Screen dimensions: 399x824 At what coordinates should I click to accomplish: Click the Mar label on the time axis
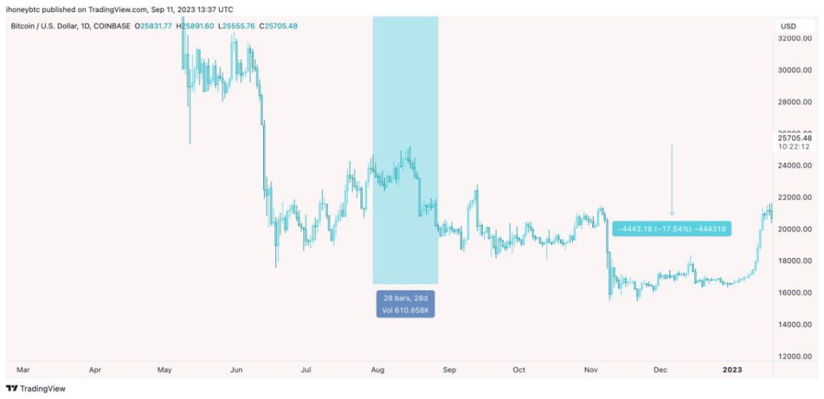pos(23,370)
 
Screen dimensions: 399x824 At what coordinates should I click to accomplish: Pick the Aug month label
pos(378,370)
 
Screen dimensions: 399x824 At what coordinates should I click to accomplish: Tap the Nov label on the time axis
pos(590,370)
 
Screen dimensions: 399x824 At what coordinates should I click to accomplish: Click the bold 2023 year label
pos(732,370)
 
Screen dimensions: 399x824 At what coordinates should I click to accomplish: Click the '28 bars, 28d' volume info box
pos(406,303)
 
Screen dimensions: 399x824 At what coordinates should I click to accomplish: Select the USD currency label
pos(788,26)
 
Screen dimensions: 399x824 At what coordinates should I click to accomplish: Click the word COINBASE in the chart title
pos(111,26)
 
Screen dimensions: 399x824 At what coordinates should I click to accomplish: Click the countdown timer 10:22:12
pos(794,147)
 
